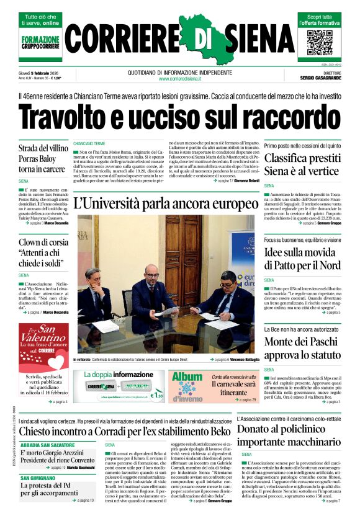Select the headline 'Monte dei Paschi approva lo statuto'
[x=302, y=347]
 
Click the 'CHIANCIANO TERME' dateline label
[x=89, y=143]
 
